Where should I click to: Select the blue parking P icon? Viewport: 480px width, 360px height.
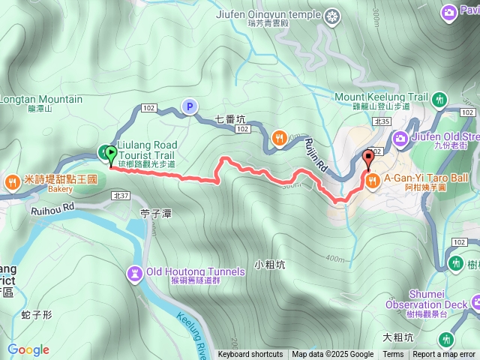click(189, 107)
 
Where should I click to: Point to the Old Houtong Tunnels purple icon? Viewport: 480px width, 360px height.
click(135, 271)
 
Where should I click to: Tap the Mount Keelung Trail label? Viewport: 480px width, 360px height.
click(380, 97)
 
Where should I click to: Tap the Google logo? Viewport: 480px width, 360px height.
click(28, 349)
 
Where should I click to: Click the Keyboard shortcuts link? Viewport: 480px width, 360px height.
click(250, 355)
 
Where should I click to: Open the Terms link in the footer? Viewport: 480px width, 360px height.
click(393, 355)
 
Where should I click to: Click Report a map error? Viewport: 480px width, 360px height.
click(444, 355)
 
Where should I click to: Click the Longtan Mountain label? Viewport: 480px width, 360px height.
click(40, 99)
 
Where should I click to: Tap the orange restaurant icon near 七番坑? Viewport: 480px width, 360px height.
click(280, 137)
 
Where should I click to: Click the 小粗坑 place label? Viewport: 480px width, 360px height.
click(269, 265)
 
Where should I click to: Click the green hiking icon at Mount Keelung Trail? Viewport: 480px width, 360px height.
click(439, 98)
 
